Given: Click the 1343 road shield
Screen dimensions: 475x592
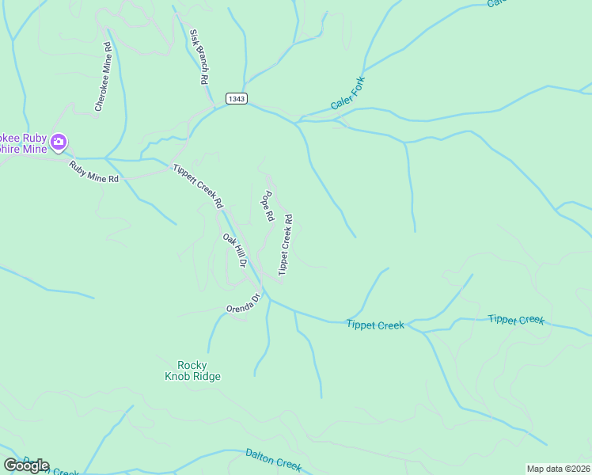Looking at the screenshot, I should pyautogui.click(x=237, y=98).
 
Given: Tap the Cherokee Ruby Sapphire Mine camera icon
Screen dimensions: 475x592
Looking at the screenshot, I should pyautogui.click(x=58, y=142).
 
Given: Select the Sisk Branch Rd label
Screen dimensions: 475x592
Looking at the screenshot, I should pyautogui.click(x=199, y=57).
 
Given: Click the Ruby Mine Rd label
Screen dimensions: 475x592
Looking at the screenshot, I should pyautogui.click(x=93, y=173).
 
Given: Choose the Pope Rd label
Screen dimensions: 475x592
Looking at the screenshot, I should pyautogui.click(x=268, y=206).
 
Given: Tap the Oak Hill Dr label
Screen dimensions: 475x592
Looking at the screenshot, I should pyautogui.click(x=235, y=251).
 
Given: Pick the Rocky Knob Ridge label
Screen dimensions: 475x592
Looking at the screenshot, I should pyautogui.click(x=192, y=370).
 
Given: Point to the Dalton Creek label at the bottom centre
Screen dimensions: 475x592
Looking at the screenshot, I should pyautogui.click(x=273, y=460).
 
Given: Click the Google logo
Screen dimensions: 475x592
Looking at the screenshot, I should pyautogui.click(x=26, y=465).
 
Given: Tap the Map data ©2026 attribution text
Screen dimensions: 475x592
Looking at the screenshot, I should pyautogui.click(x=558, y=469).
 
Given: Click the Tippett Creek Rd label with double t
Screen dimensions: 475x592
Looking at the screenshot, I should pyautogui.click(x=198, y=186).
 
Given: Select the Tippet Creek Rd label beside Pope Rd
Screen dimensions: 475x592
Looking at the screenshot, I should pyautogui.click(x=286, y=245).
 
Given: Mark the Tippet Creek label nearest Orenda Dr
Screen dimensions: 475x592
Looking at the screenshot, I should pyautogui.click(x=375, y=325).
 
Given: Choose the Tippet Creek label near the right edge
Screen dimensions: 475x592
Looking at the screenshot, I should pyautogui.click(x=516, y=320).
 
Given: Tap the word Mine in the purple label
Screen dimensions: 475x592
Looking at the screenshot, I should pyautogui.click(x=32, y=149).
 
